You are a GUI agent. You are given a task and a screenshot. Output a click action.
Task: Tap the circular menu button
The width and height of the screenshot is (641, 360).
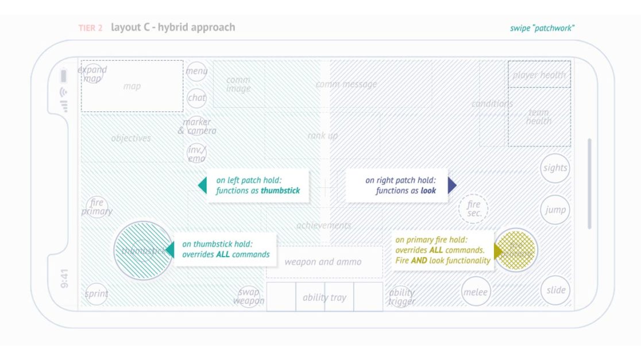coord(196,71)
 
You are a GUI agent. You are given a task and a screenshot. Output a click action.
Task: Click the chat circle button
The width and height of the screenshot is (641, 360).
coord(196,98)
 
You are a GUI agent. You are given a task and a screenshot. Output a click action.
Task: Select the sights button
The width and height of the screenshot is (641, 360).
coord(555,168)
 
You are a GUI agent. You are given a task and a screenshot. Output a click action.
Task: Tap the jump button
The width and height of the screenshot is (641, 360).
coord(555,210)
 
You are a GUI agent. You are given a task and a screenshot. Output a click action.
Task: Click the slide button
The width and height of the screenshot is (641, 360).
coord(555,290)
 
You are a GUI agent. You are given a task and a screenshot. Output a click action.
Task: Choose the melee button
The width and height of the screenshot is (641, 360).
coord(476,292)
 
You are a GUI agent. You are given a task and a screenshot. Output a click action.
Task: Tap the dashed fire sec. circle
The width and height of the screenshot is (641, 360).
coord(473,208)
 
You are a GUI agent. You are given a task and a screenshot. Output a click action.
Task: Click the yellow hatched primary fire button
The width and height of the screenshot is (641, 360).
coord(516,250)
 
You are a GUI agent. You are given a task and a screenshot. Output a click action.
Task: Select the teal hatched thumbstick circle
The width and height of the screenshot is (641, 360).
coord(143,250)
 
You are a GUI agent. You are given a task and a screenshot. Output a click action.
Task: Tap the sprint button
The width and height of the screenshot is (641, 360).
coord(96,293)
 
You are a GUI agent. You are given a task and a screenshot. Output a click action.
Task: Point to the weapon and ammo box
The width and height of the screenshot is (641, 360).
coord(323,262)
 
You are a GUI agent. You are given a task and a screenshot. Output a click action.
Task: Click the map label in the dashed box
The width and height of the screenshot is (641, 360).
coord(132,86)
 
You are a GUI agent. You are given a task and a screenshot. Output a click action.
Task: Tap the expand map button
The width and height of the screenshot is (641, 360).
coord(92,74)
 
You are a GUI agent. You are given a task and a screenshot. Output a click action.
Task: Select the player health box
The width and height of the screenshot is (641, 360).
coord(539,75)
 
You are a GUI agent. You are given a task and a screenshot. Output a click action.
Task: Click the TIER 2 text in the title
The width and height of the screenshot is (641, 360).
coord(91,28)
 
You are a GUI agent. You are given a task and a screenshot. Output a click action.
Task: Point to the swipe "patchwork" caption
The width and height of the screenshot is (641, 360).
coord(542,28)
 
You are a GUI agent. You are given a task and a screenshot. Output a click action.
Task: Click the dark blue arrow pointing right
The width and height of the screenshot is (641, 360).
coord(452,185)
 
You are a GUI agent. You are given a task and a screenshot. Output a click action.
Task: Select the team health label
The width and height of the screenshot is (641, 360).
coord(539,117)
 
